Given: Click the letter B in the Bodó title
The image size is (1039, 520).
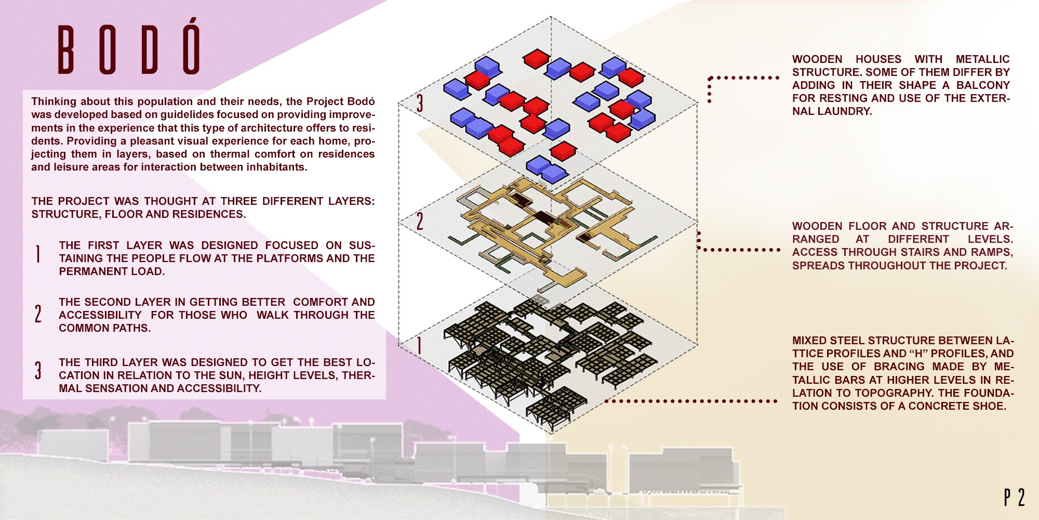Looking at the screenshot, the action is coord(65,50).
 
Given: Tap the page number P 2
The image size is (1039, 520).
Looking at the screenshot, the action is coord(1014,498).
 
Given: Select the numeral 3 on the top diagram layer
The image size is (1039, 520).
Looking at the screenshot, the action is coord(419,102).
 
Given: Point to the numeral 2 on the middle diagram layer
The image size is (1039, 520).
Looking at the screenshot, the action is coord(420,221).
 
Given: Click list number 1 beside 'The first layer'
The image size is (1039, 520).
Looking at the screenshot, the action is coord(38,254).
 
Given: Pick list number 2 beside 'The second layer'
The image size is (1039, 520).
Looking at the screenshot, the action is coord(38,314).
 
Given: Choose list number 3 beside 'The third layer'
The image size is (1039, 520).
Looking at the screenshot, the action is coord(38,370).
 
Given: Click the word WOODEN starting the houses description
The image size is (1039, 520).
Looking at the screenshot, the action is coord(817,59).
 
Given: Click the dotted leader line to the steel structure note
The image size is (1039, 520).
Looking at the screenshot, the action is coord(691,401).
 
